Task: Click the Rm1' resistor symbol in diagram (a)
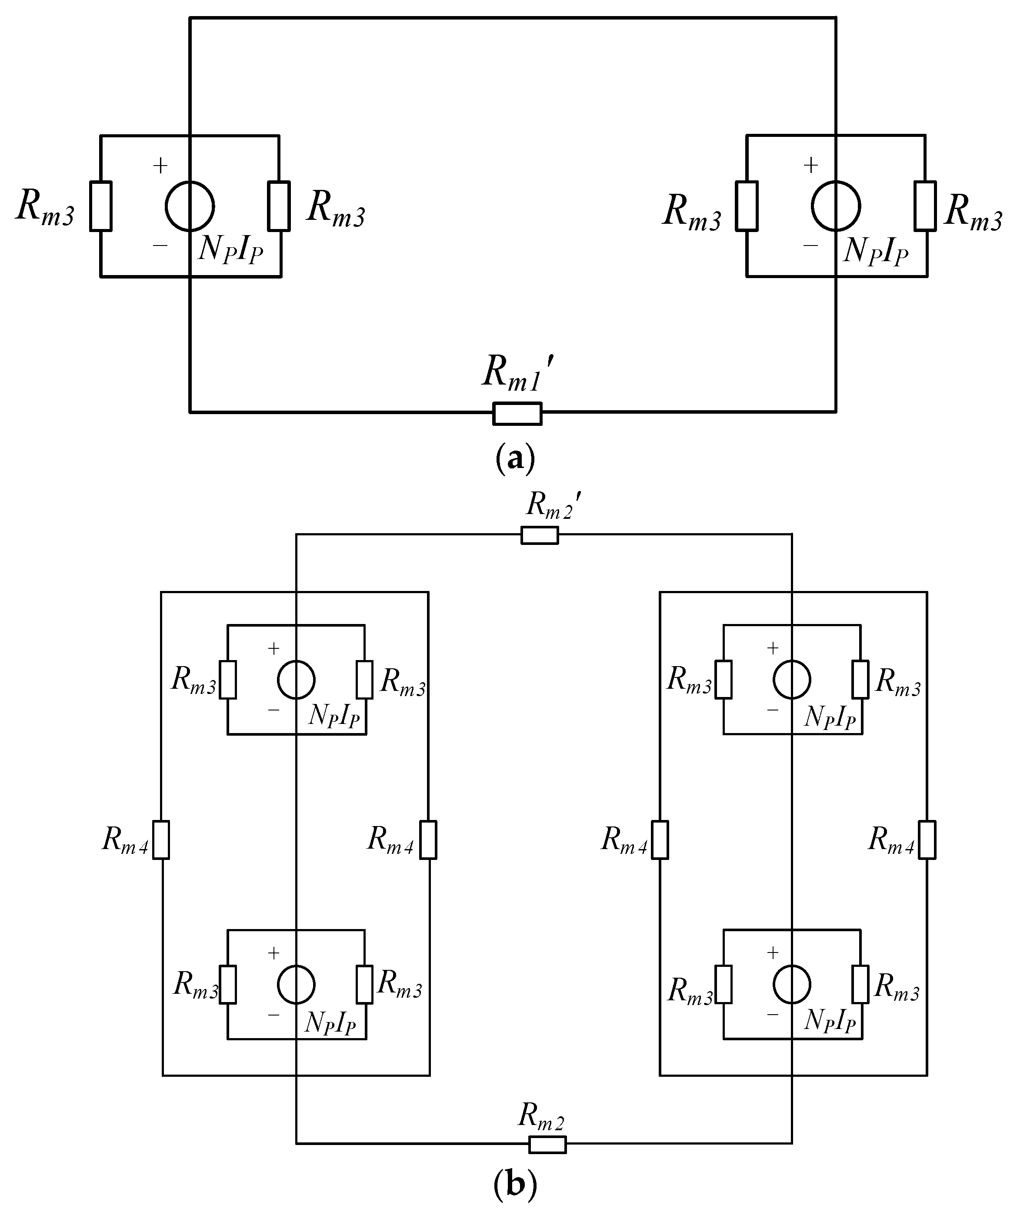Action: [x=517, y=414]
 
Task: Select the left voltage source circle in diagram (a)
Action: [x=190, y=206]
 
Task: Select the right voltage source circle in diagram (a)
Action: [x=836, y=206]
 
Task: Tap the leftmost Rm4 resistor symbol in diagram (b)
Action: [x=161, y=839]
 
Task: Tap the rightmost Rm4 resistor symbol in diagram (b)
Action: [x=927, y=839]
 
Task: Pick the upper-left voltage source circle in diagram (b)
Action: [x=296, y=679]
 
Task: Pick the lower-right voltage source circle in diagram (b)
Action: [x=792, y=984]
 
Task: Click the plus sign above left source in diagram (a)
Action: [x=160, y=166]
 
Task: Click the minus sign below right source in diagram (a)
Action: [x=810, y=246]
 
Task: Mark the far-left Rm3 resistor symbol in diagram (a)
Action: [x=100, y=206]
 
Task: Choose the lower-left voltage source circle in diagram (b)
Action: [x=296, y=984]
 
